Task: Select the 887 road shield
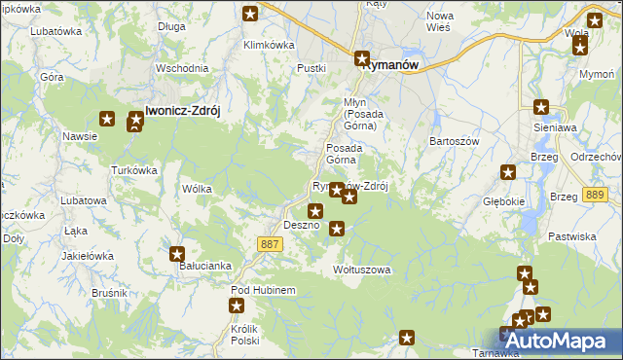(271, 244)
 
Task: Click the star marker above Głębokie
(508, 173)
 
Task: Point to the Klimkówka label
(269, 45)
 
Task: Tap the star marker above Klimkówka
(250, 14)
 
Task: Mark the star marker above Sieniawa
(542, 109)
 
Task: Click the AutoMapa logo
(562, 341)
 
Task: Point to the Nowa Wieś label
(440, 21)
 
